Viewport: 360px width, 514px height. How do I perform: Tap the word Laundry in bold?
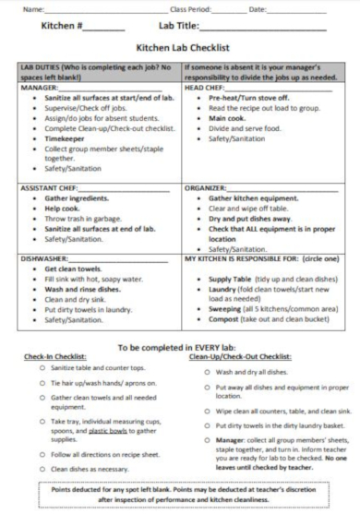(225, 288)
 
